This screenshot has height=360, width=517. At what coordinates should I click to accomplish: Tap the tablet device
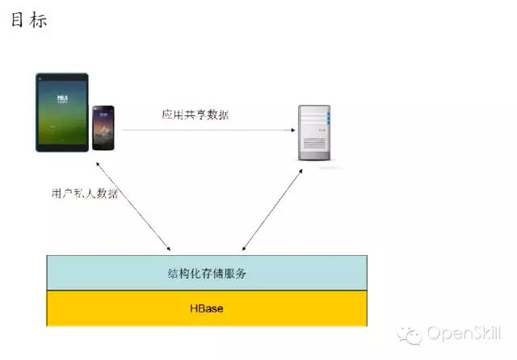62,112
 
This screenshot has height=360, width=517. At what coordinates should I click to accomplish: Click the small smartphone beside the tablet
106,128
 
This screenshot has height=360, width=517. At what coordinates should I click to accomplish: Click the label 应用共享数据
195,115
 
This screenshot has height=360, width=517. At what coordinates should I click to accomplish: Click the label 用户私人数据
82,194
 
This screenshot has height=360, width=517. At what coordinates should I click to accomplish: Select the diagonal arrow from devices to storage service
132,204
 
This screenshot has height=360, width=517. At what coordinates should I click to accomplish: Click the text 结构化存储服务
206,274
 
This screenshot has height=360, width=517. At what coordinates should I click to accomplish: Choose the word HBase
206,309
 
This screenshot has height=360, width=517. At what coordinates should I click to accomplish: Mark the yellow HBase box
121,309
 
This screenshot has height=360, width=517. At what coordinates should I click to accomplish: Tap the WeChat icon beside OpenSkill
414,334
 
